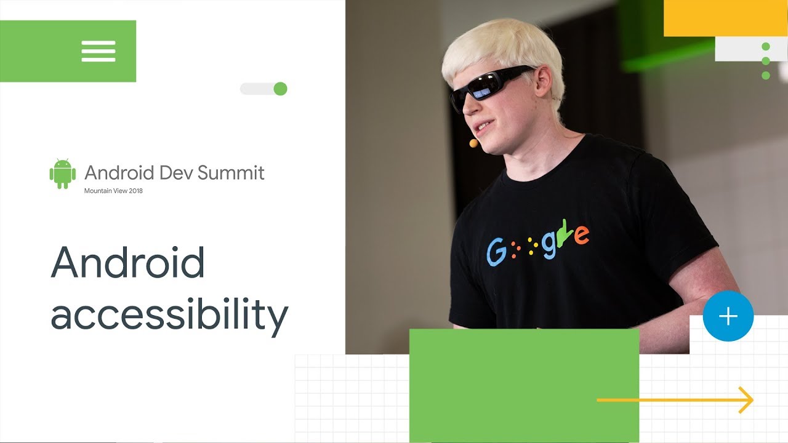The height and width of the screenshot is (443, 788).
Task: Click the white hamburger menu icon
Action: (x=98, y=51)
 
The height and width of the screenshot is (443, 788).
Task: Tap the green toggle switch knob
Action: (x=280, y=89)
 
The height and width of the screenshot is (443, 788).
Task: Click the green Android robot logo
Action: (x=62, y=174)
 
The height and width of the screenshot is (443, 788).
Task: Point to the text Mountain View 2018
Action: (x=113, y=191)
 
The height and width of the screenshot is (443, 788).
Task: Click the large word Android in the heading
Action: (x=127, y=263)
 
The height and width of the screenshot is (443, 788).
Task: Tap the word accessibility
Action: (x=169, y=314)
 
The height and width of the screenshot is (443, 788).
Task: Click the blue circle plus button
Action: (x=728, y=316)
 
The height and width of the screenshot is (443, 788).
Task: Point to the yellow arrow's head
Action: (x=747, y=400)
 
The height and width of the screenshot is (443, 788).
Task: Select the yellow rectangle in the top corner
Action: (x=725, y=18)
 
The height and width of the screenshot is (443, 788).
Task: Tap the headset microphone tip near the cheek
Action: (x=473, y=143)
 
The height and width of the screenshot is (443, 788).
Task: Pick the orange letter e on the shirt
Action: (x=581, y=234)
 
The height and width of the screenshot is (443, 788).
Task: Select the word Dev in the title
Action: (x=176, y=173)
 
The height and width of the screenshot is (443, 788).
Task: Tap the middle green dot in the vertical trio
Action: (x=766, y=61)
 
